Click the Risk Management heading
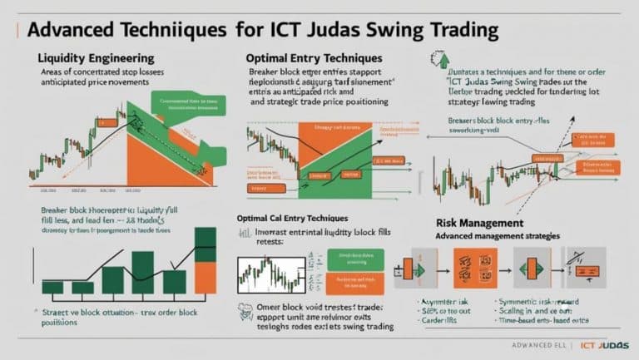[x=479, y=224]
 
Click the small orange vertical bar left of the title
[x=15, y=32]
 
